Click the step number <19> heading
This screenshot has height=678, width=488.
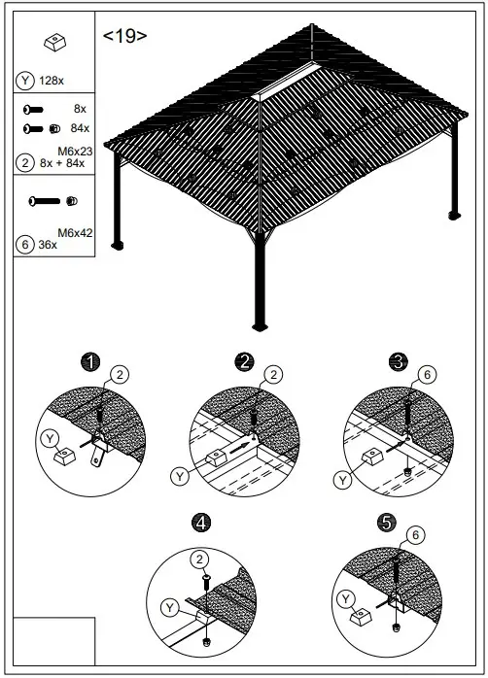point(125,36)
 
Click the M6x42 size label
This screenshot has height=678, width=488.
point(74,232)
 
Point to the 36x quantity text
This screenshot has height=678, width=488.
point(47,246)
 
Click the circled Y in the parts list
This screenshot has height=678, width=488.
point(24,80)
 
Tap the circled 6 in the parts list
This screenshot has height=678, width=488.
point(24,246)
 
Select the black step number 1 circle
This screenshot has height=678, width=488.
point(90,362)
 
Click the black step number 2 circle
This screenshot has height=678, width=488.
point(244,362)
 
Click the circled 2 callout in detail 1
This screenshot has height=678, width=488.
point(120,373)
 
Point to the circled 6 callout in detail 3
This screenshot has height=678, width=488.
point(425,373)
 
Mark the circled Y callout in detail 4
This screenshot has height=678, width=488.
point(170,608)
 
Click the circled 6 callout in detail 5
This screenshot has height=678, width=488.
point(416,533)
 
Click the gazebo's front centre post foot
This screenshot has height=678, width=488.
point(259,324)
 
